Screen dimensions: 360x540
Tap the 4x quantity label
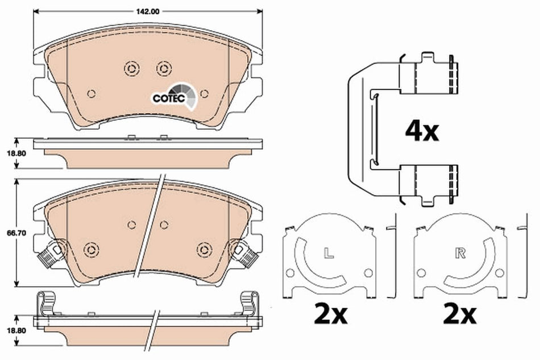point(421,132)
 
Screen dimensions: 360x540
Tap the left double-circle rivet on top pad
point(131,68)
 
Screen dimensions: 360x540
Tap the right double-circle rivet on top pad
point(164,68)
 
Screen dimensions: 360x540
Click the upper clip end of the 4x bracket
point(429,74)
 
